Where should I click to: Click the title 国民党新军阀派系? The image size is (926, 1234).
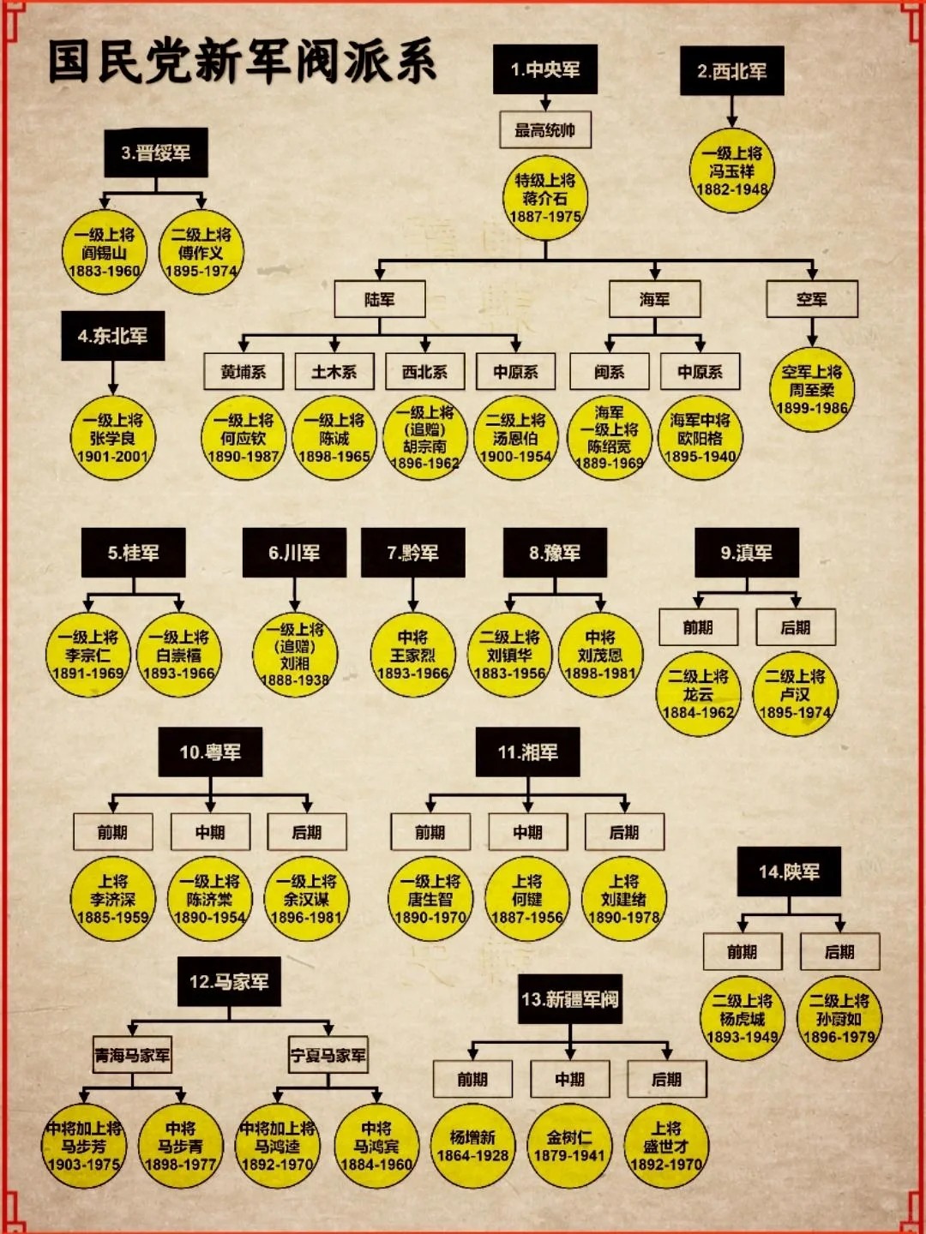(x=242, y=62)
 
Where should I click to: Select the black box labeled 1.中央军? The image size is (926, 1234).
(x=544, y=69)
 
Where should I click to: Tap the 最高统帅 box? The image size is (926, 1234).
(x=544, y=130)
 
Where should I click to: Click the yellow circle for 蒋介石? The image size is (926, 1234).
(x=544, y=198)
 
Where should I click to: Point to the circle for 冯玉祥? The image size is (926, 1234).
(x=731, y=171)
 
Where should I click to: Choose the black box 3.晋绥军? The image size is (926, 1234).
(x=155, y=153)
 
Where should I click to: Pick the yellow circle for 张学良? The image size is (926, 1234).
(x=112, y=438)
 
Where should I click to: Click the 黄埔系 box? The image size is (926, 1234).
(x=244, y=372)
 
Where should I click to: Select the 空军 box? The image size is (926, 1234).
(x=811, y=299)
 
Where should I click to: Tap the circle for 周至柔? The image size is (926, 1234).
(x=811, y=390)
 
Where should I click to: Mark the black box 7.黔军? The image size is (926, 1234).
(x=412, y=553)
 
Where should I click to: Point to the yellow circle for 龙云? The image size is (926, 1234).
(x=698, y=694)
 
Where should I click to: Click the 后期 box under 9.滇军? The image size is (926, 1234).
(x=795, y=627)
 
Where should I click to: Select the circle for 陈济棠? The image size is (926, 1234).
(x=209, y=899)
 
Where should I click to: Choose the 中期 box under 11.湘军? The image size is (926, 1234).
(x=527, y=832)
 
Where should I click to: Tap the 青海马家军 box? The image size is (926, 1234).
(x=132, y=1056)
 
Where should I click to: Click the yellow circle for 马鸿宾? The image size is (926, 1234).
(x=376, y=1147)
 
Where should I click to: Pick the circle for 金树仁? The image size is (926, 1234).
(x=569, y=1147)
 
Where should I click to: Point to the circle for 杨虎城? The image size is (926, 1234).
(x=742, y=1019)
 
